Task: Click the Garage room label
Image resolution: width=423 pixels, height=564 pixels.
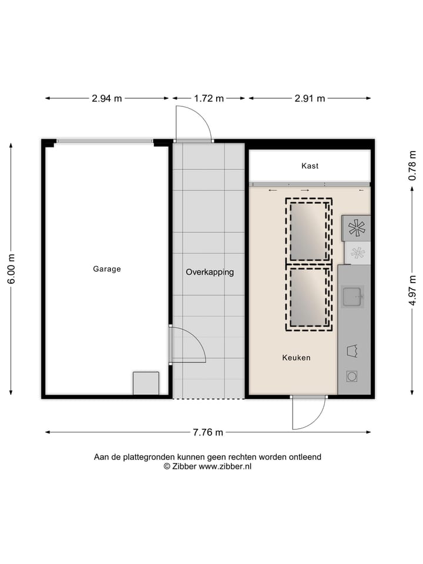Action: point(106,269)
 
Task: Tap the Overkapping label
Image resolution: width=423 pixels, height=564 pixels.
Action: point(210,272)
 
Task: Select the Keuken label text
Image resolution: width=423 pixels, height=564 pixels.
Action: point(296,357)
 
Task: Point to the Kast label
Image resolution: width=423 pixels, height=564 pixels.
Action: point(310,166)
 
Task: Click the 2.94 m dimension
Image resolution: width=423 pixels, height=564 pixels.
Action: point(107,98)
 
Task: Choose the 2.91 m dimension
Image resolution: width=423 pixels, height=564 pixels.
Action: point(310,98)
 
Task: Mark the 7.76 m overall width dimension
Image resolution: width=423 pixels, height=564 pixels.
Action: point(208,432)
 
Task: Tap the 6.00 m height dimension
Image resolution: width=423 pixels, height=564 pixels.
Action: point(11,269)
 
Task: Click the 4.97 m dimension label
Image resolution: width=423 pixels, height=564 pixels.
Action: point(413,291)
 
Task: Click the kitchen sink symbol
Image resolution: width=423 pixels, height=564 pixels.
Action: point(352,297)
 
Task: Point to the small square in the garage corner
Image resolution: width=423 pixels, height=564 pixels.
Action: point(146,383)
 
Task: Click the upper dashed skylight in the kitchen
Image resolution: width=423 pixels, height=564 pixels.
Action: point(309,230)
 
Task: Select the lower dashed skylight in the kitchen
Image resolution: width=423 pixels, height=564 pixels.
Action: point(309,297)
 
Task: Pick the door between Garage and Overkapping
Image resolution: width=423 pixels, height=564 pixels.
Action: point(187,346)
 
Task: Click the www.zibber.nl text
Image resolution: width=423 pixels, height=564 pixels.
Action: point(225,466)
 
